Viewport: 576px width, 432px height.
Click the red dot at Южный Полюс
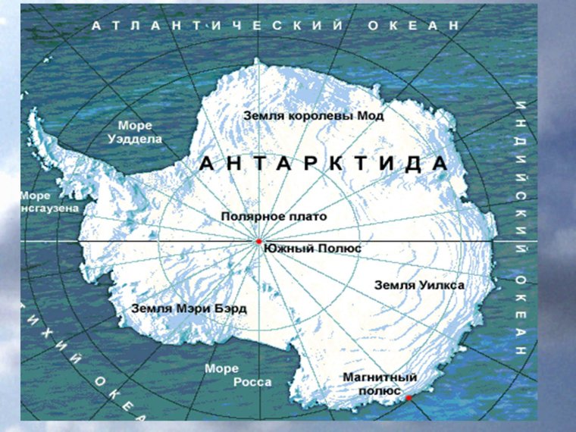point(258,241)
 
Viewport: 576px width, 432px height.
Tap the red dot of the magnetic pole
point(408,397)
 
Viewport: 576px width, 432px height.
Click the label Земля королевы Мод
point(313,116)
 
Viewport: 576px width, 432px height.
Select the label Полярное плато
point(274,217)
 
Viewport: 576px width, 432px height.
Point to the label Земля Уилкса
point(420,285)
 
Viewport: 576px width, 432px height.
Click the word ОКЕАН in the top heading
point(414,25)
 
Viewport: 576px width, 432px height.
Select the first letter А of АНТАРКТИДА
point(206,164)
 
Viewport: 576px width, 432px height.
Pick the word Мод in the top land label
point(371,116)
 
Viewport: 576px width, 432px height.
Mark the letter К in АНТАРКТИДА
point(330,164)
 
